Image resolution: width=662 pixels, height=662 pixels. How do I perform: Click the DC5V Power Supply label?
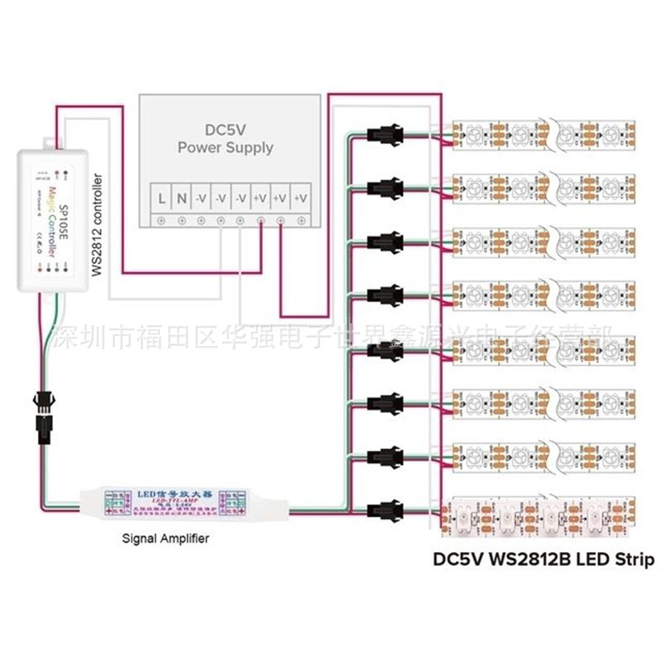238,138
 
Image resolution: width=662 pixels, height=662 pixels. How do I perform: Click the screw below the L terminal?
161,220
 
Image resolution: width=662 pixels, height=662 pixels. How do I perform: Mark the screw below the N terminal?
181,220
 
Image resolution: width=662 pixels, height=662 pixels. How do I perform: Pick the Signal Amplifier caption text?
165,538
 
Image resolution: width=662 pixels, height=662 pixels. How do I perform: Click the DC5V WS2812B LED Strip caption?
544,559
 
